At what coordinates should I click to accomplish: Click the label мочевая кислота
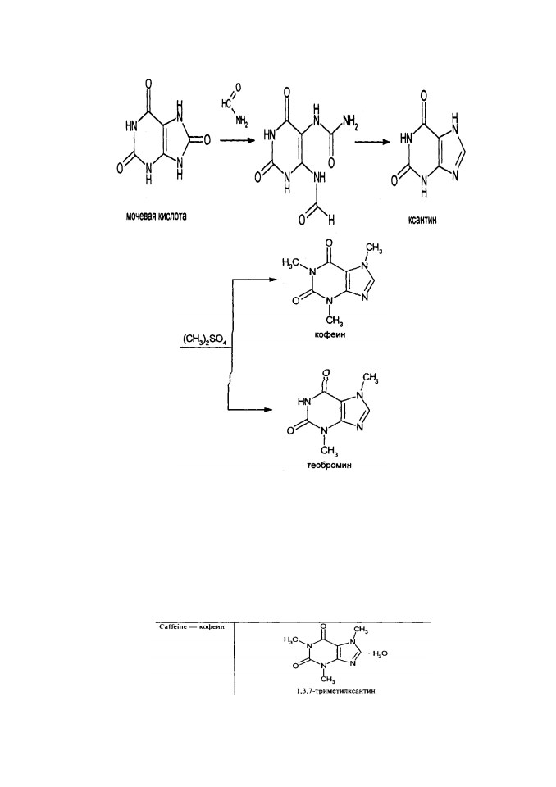[156, 216]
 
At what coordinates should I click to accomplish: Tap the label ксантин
[422, 220]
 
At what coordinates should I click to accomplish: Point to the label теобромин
[329, 465]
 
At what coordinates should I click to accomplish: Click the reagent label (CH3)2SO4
[204, 342]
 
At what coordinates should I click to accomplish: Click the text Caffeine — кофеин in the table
[191, 627]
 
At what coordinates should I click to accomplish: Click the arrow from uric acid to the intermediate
[235, 142]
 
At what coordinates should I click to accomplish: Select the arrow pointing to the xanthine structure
[372, 142]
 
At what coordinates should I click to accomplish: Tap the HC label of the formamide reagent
[226, 104]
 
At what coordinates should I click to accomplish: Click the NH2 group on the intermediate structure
[349, 121]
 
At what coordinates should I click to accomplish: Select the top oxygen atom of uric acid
[148, 83]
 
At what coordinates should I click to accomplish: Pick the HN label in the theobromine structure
[302, 401]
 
